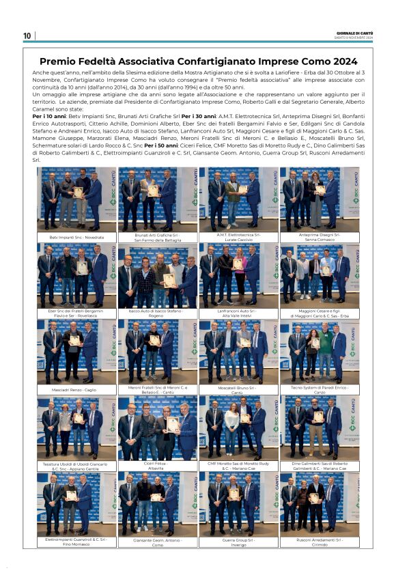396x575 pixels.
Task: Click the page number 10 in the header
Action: [x=27, y=36]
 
